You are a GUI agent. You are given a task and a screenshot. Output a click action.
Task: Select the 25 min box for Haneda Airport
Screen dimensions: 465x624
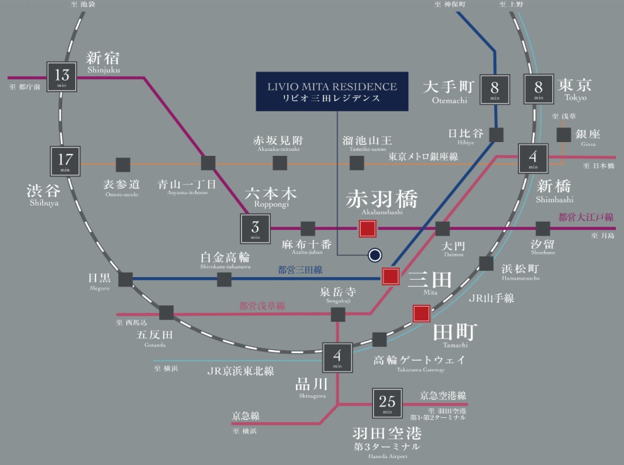point(387,403)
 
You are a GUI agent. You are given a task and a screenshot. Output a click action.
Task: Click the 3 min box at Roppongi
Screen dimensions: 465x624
point(255,229)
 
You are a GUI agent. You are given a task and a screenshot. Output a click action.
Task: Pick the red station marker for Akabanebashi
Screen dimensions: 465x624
point(368,229)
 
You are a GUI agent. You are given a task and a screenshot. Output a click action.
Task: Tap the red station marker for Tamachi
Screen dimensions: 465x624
point(421,313)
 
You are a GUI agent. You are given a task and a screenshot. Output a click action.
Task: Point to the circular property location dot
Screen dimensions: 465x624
point(375,254)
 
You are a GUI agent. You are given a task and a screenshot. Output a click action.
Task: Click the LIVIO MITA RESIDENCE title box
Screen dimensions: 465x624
point(331,92)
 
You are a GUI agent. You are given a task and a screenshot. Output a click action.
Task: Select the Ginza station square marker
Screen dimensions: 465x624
point(564,135)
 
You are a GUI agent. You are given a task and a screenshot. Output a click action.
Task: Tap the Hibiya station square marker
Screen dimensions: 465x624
point(497,135)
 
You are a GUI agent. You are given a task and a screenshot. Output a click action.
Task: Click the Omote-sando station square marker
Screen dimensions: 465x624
point(123,165)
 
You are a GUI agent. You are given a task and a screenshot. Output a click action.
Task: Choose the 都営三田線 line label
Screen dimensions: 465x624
point(300,270)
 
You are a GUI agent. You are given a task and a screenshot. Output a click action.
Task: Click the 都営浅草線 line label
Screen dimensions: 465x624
point(262,306)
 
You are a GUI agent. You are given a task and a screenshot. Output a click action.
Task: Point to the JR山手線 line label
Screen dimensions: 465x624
point(491,298)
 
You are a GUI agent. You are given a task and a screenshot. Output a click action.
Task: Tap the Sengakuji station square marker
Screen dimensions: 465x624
point(338,314)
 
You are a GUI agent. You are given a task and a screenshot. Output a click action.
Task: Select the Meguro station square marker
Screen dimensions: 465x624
point(126,280)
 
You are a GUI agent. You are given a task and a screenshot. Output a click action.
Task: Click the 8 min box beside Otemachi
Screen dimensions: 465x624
point(494,89)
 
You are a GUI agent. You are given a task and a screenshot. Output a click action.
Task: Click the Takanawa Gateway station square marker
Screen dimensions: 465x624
point(380,340)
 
